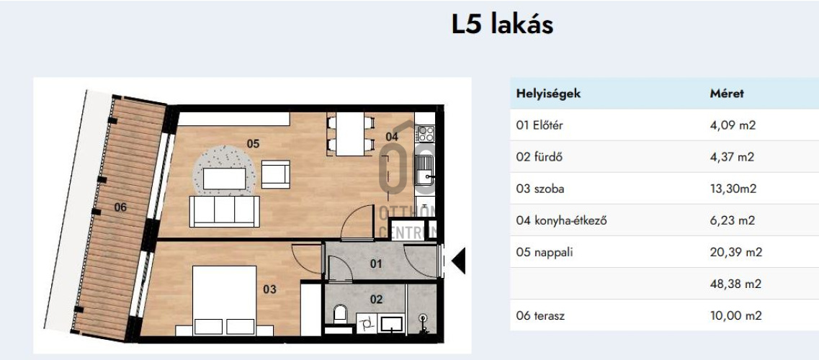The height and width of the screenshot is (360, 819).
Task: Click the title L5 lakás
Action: pyautogui.click(x=502, y=24)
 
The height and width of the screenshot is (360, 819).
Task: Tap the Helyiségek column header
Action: pyautogui.click(x=548, y=94)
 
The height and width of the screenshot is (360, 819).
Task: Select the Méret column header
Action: pyautogui.click(x=727, y=94)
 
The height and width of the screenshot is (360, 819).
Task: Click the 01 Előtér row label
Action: pyautogui.click(x=540, y=125)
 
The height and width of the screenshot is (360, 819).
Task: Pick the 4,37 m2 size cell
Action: pyautogui.click(x=732, y=157)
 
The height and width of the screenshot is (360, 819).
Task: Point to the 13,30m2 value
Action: pyautogui.click(x=733, y=189)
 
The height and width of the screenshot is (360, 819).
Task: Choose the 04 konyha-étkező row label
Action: pyautogui.click(x=561, y=220)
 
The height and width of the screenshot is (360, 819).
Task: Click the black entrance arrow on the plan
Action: pyautogui.click(x=457, y=261)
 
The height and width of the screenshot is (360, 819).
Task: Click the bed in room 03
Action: pyautogui.click(x=224, y=300)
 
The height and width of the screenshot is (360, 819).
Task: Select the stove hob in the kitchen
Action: pyautogui.click(x=426, y=132)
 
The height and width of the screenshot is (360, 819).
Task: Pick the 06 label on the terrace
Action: pyautogui.click(x=120, y=207)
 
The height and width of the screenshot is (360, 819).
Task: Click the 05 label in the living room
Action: pyautogui.click(x=253, y=143)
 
